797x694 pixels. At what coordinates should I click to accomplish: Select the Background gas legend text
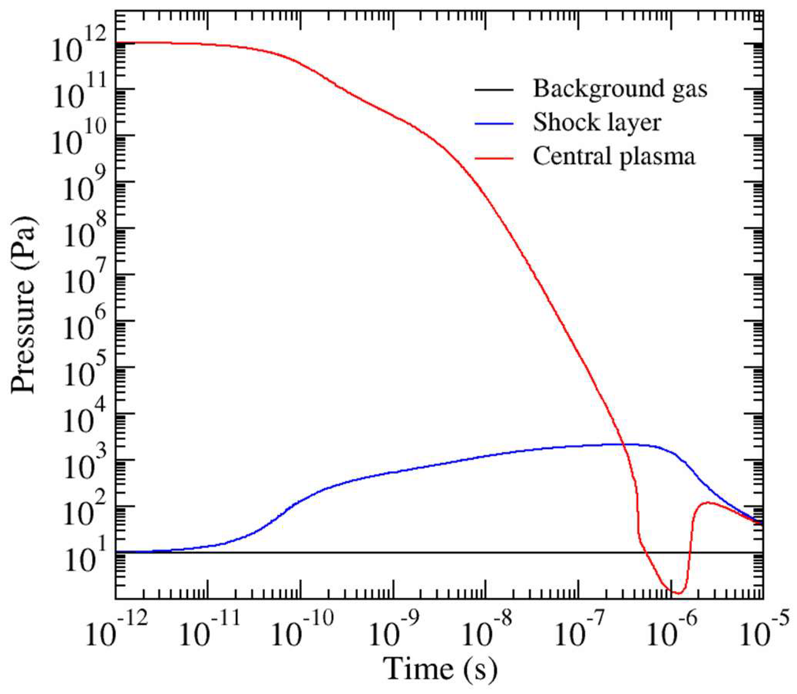[620, 89]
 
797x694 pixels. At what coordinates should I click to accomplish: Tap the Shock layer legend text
[597, 123]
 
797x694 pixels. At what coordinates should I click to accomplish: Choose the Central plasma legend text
[614, 157]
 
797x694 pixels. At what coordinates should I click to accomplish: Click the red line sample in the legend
[494, 158]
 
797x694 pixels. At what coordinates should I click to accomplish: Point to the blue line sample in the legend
[494, 124]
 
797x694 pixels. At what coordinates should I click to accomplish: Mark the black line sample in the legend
[494, 90]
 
